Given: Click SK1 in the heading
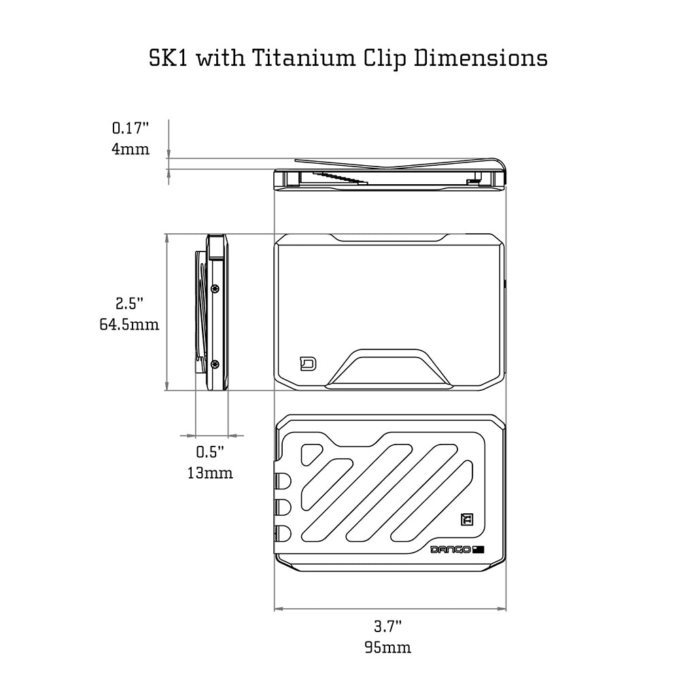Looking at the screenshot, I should pyautogui.click(x=169, y=58).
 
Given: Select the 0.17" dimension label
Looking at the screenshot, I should pyautogui.click(x=130, y=127).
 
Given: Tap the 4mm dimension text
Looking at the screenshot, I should pyautogui.click(x=130, y=149).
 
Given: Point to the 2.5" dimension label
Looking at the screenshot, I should pyautogui.click(x=129, y=303).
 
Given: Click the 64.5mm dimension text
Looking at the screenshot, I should pyautogui.click(x=129, y=325).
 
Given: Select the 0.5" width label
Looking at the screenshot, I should pyautogui.click(x=210, y=451).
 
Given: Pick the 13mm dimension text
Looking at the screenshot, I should pyautogui.click(x=210, y=473).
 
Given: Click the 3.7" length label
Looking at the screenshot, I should pyautogui.click(x=387, y=625).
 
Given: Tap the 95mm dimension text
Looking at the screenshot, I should pyautogui.click(x=387, y=647).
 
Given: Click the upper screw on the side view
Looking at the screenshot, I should pyautogui.click(x=215, y=288).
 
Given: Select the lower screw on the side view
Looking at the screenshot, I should pyautogui.click(x=215, y=364).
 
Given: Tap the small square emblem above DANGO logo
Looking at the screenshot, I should pyautogui.click(x=466, y=520).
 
